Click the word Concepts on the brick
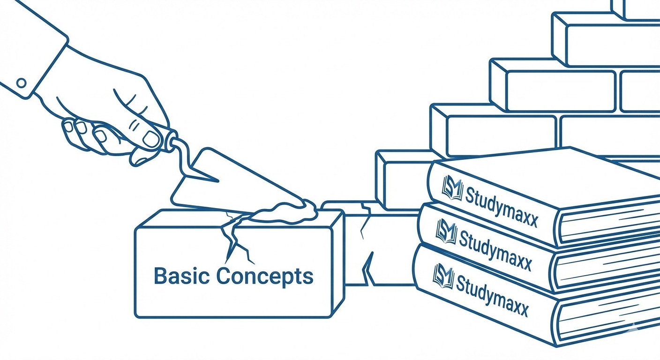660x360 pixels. (265, 276)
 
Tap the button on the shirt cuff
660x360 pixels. (21, 83)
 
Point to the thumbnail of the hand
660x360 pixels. (151, 138)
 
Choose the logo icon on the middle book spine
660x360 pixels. (446, 231)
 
